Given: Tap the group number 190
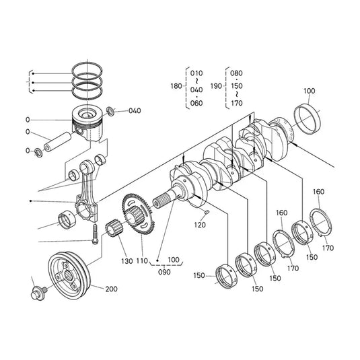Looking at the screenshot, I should click(x=215, y=86).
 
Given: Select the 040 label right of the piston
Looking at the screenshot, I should click(x=135, y=110).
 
